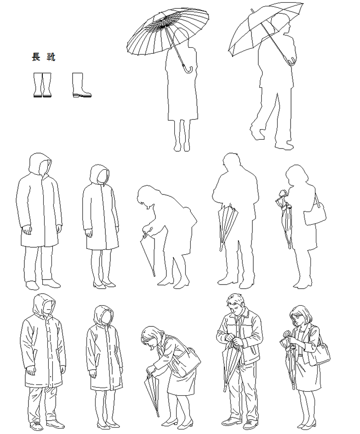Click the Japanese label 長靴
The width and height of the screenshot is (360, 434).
click(x=44, y=57)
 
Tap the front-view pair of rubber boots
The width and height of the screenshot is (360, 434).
click(x=42, y=85)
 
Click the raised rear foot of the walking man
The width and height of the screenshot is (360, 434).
click(x=257, y=133)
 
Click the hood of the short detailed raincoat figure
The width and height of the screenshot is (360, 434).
click(x=104, y=315)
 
